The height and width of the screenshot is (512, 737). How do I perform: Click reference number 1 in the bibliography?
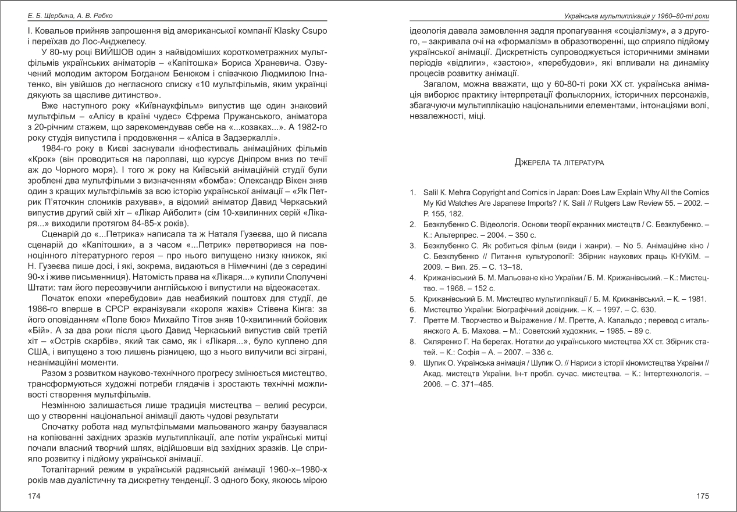(412, 192)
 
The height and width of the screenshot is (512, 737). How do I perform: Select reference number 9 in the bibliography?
(412, 363)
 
